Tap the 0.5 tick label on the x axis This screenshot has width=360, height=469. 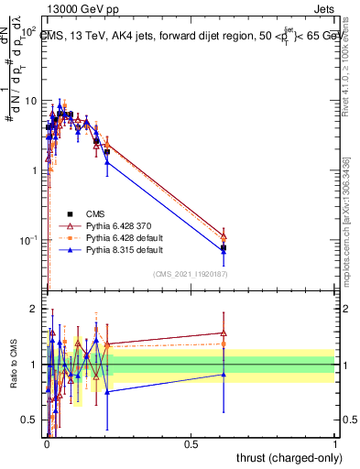tap(191, 442)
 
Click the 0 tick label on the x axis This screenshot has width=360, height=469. tap(47, 442)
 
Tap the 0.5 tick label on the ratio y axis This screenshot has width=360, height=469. tap(30, 420)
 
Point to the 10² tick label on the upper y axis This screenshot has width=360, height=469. tap(29, 31)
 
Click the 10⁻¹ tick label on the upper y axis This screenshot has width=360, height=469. tap(28, 240)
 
